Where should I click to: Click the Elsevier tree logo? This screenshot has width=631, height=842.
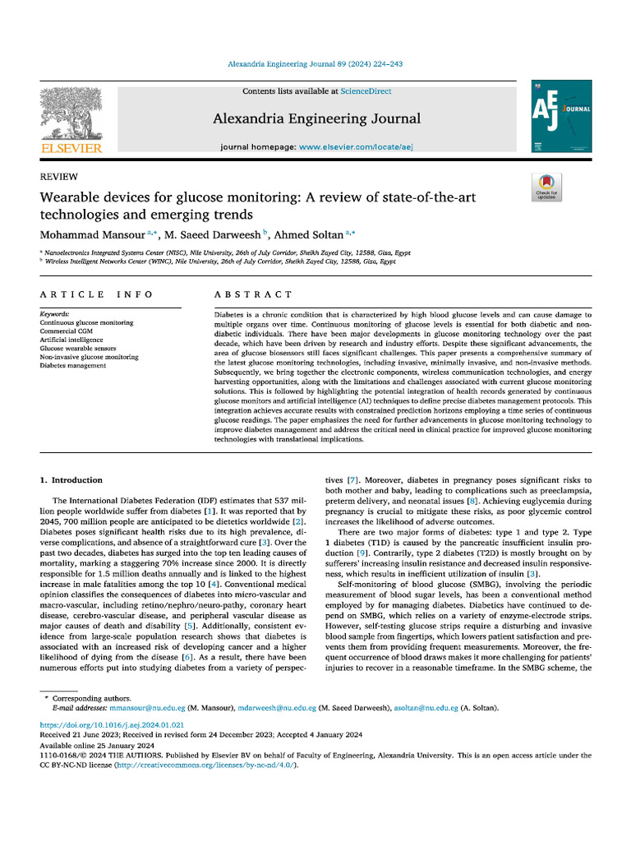tap(71, 115)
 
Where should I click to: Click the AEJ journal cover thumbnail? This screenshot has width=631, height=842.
tap(562, 115)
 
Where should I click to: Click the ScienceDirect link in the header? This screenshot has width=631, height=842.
tap(366, 91)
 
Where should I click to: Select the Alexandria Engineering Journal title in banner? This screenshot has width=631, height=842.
tap(316, 118)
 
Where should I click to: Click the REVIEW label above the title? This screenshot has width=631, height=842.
tap(59, 177)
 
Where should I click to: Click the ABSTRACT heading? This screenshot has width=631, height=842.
tap(253, 294)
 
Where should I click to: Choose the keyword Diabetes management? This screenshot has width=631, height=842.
tap(73, 366)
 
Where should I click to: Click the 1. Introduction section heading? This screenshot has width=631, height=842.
tap(71, 480)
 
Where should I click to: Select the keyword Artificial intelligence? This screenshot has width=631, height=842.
tap(71, 340)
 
